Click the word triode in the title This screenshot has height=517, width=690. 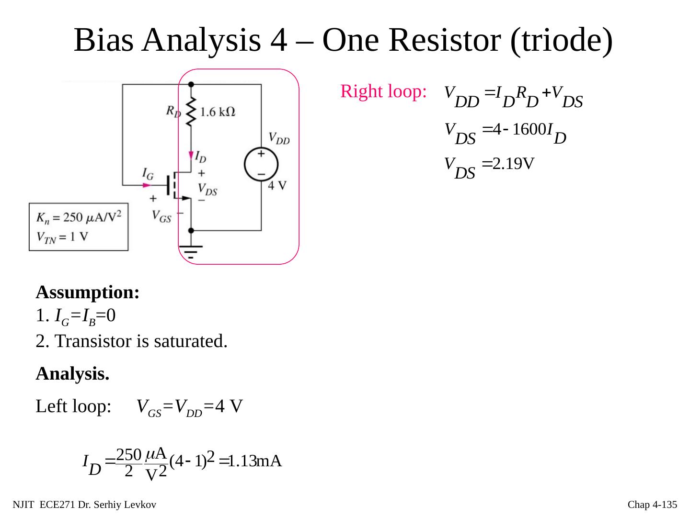click(x=561, y=40)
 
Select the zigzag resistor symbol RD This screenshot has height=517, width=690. click(x=191, y=112)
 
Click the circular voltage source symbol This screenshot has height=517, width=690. click(x=261, y=164)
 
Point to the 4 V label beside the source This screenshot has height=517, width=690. click(x=277, y=186)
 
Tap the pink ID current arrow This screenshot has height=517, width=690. click(x=191, y=155)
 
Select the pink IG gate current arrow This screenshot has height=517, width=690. click(x=148, y=185)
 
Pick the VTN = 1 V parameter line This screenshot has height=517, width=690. click(x=62, y=237)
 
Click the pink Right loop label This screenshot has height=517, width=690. click(x=383, y=91)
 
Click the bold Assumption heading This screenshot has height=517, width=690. click(x=88, y=292)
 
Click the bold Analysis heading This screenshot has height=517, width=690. click(x=72, y=374)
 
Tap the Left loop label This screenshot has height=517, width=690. click(x=74, y=406)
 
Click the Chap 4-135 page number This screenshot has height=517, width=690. click(x=652, y=505)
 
